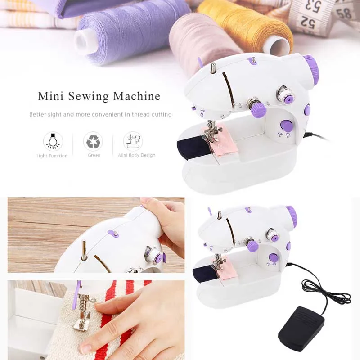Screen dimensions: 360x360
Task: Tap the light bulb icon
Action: point(53,141)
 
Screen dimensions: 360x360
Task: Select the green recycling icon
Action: point(93,141)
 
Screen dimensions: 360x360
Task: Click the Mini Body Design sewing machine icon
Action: point(133,141)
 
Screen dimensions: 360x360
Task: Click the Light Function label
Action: point(52,156)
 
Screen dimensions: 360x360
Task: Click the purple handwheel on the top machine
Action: point(311,69)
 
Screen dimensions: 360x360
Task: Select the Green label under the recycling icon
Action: point(94,155)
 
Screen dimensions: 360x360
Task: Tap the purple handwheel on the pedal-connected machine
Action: point(292,217)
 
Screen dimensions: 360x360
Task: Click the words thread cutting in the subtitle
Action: point(152,114)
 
